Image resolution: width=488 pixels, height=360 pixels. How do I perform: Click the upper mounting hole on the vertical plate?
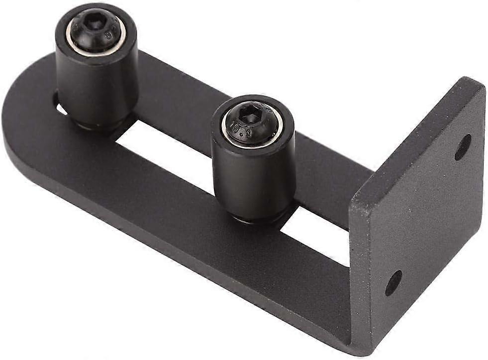[463, 147]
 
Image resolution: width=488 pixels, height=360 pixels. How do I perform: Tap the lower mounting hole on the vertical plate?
[393, 283]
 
